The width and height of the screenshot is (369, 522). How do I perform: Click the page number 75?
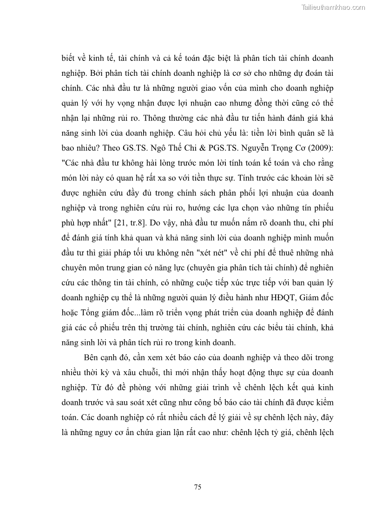pos(197,487)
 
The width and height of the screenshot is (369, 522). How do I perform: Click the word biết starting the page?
pos(71,58)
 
